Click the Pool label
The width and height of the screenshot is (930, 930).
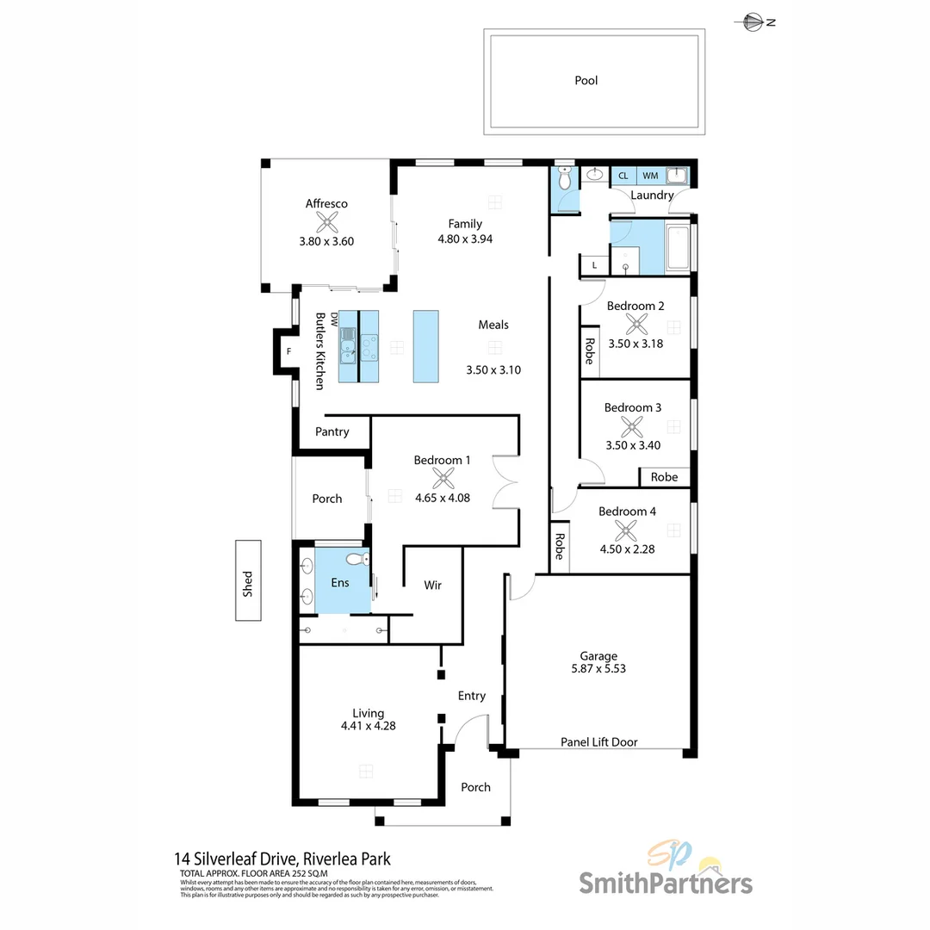point(586,81)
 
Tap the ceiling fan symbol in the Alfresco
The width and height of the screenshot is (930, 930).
point(326,223)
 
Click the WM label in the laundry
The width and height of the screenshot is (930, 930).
point(649,176)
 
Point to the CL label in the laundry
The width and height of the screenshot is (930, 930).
point(623,176)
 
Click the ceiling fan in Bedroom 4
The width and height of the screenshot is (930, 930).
point(628,530)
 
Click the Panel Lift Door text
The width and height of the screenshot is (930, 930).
point(599,741)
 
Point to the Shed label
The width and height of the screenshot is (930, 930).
point(248,583)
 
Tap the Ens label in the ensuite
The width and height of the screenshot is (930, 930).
point(340,583)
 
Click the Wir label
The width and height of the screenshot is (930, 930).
point(432,586)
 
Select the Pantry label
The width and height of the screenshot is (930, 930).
point(332,431)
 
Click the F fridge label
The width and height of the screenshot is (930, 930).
point(289,350)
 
